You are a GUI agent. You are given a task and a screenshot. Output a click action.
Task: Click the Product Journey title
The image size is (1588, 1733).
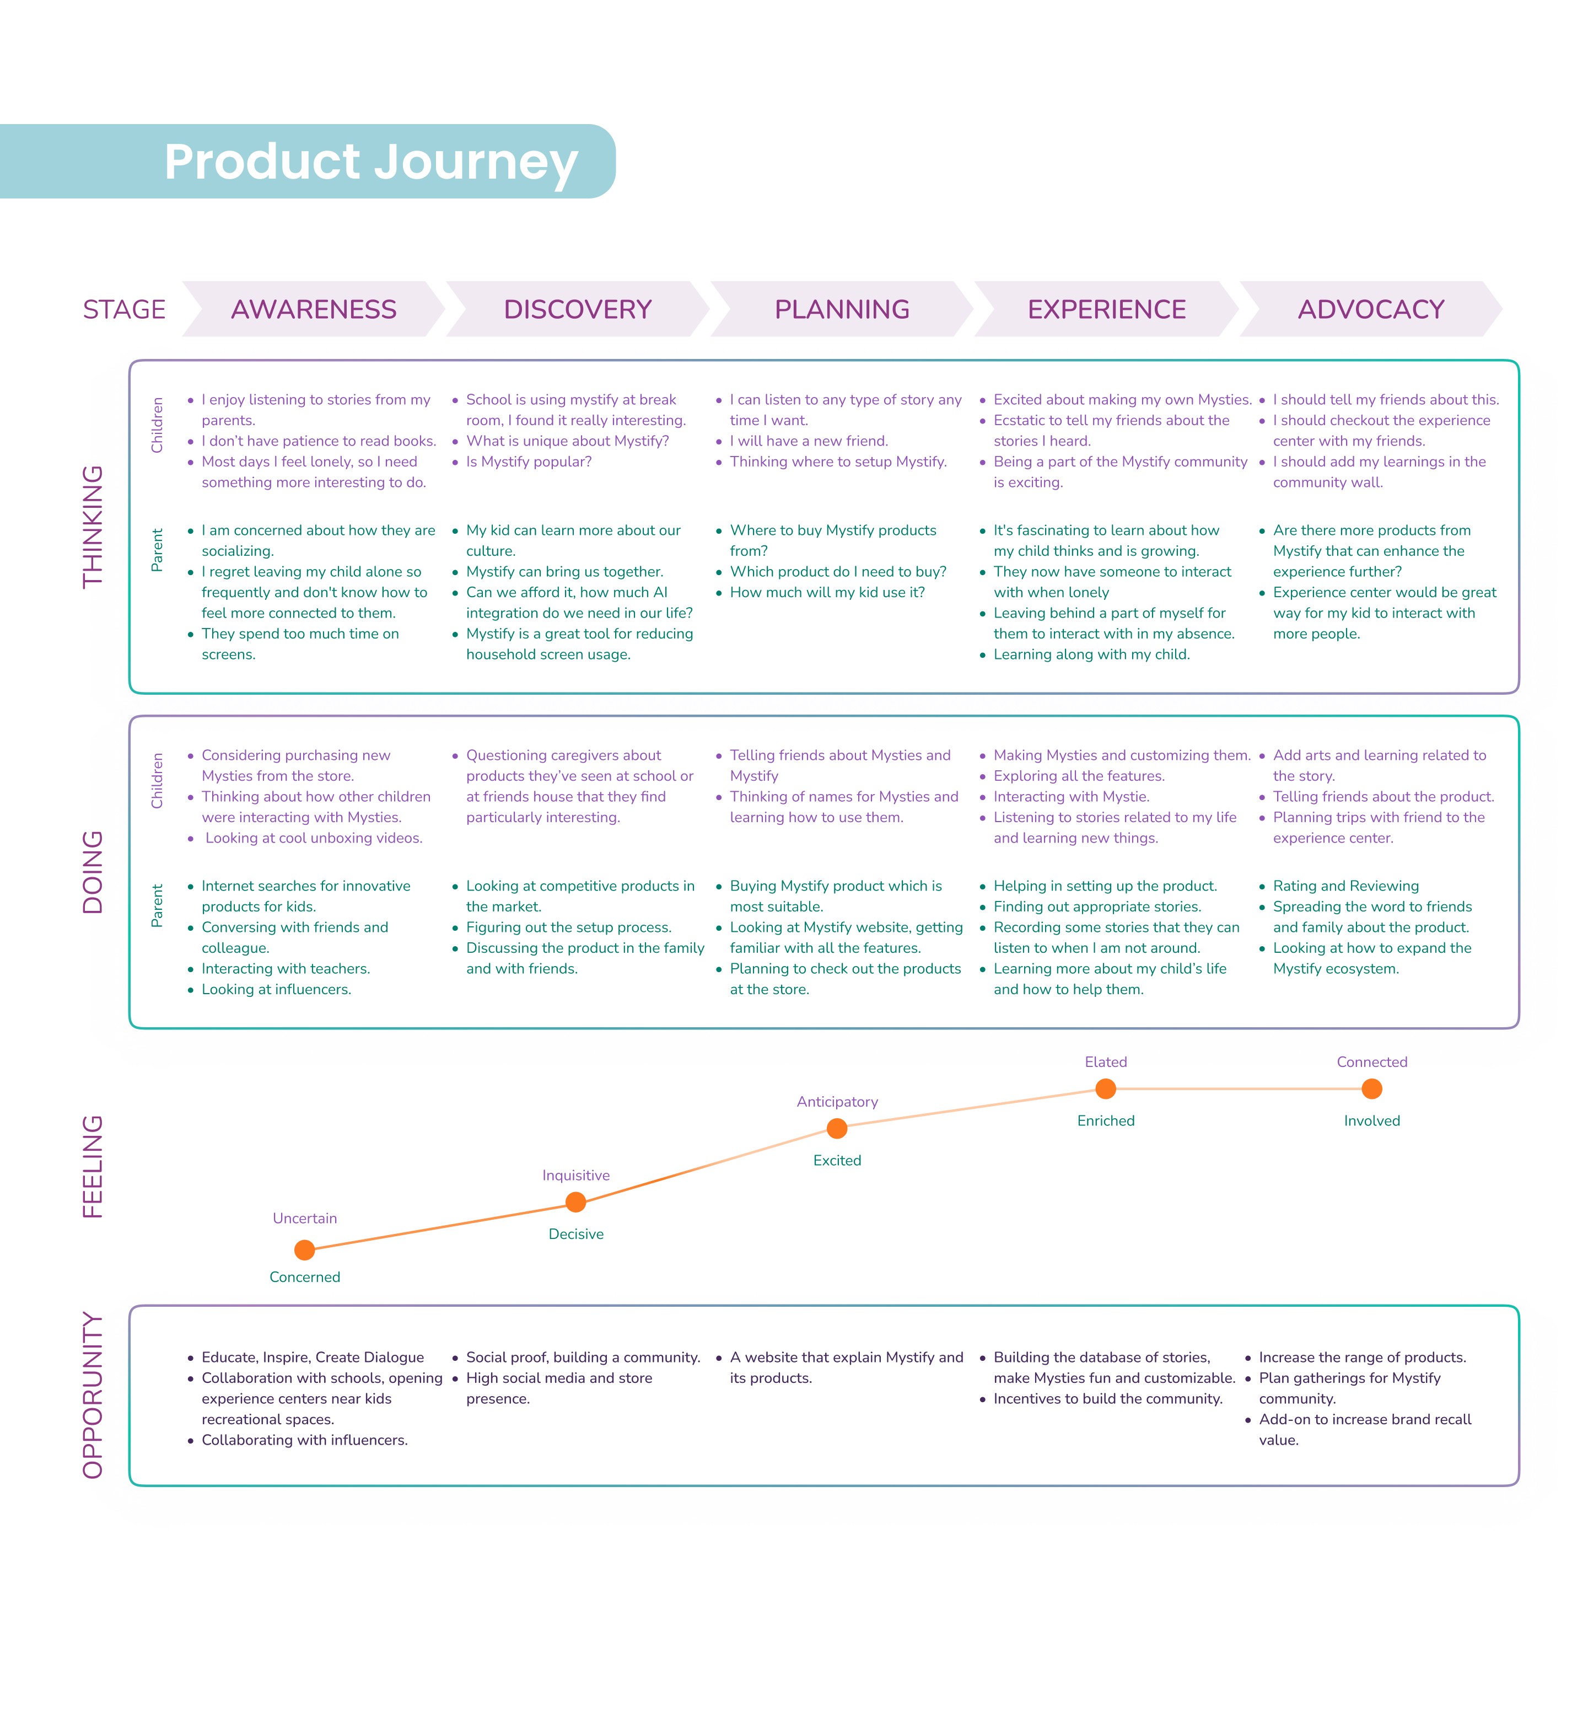(x=370, y=162)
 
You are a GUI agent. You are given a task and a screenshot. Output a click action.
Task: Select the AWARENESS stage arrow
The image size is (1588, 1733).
(x=314, y=309)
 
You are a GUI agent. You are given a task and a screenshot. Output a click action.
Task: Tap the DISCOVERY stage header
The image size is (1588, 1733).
(x=578, y=309)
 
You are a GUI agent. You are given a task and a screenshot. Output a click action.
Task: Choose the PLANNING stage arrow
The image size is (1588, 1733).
(x=842, y=309)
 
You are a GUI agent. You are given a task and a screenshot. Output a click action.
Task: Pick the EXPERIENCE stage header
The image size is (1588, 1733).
(x=1107, y=309)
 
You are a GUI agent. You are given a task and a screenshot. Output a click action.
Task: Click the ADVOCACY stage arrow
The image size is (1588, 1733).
(x=1371, y=309)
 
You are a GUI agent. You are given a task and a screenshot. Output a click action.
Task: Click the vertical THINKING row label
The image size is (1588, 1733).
(x=93, y=527)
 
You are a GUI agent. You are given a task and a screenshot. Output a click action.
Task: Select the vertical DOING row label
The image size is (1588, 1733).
(x=93, y=872)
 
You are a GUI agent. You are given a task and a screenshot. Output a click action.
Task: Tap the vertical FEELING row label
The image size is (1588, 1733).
(x=93, y=1167)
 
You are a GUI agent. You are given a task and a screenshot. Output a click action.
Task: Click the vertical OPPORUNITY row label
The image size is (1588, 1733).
(x=93, y=1395)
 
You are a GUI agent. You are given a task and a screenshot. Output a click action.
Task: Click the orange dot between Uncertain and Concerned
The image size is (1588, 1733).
(x=304, y=1250)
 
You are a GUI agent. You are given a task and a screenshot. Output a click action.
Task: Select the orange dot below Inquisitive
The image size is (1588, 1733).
(x=576, y=1203)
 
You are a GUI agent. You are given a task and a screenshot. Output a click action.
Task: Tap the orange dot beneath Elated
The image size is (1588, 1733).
(x=1106, y=1089)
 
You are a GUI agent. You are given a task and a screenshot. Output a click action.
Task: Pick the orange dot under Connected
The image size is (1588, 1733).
(x=1372, y=1089)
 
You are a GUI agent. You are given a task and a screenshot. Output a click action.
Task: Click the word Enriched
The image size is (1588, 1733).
(x=1106, y=1121)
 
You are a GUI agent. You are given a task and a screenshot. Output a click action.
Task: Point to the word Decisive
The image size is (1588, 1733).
(x=576, y=1235)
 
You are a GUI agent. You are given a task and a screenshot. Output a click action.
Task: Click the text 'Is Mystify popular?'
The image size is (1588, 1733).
(x=529, y=462)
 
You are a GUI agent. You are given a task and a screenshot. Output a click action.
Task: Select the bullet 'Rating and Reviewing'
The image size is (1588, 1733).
(x=1345, y=886)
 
